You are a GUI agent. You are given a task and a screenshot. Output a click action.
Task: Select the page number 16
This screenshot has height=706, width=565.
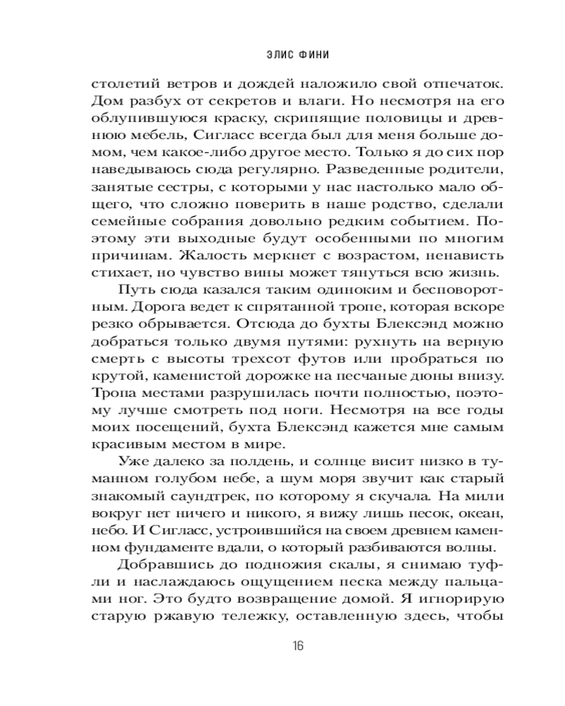pyautogui.click(x=297, y=645)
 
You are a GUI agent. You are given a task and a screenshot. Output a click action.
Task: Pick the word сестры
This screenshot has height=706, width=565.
pyautogui.click(x=177, y=188)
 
